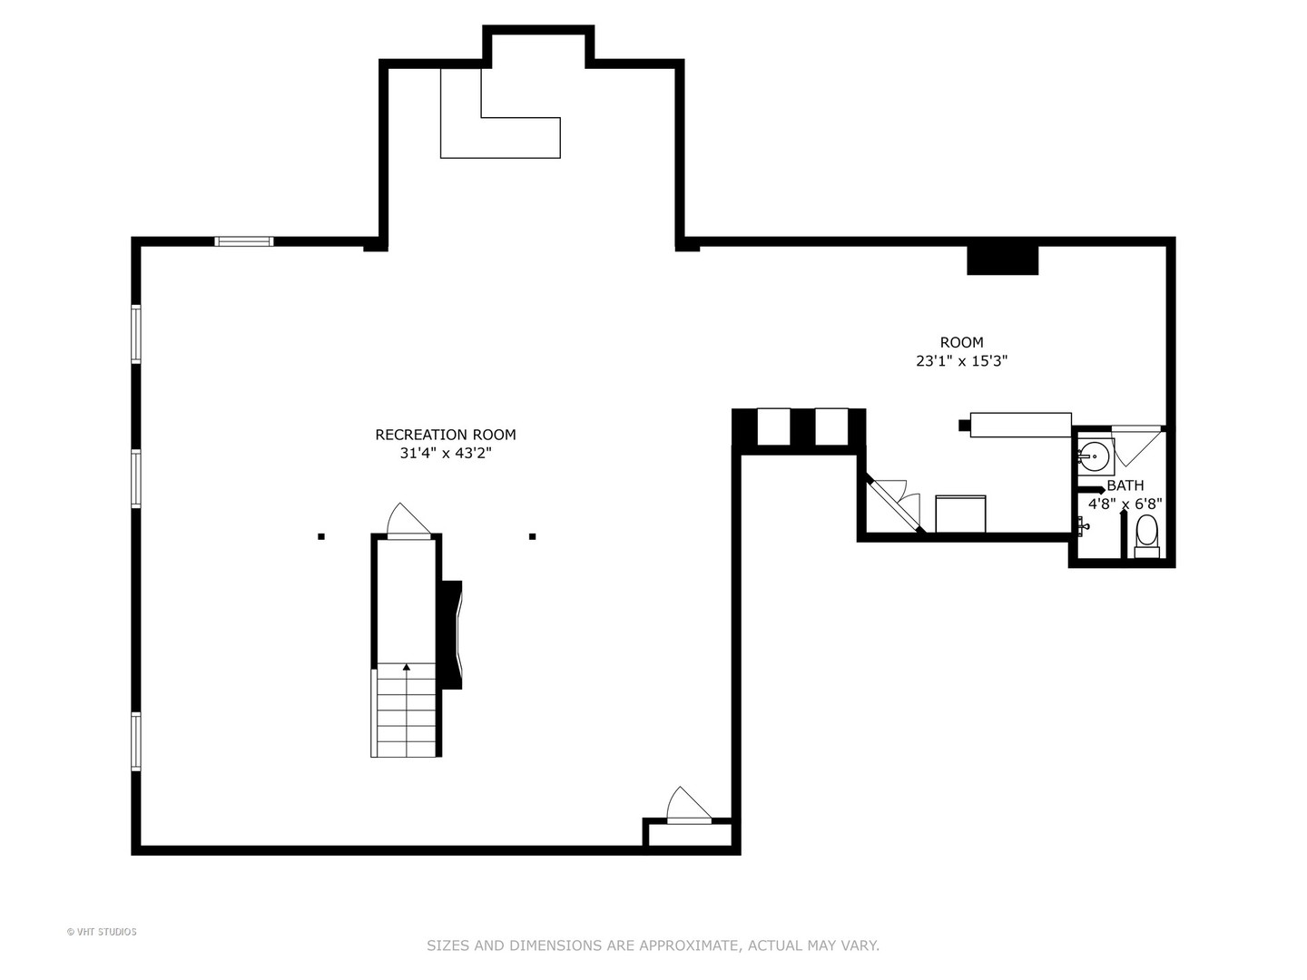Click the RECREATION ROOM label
pos(446,435)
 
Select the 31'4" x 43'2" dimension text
pos(446,454)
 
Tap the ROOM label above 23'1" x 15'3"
pos(961,342)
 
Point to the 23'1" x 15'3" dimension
pos(961,361)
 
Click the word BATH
pos(1125,485)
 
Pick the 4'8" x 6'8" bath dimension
pos(1125,504)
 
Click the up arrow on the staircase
pos(407,668)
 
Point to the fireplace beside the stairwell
pos(451,634)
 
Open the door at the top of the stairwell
pos(408,522)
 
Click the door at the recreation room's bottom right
pos(688,807)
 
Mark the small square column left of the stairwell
pos(321,536)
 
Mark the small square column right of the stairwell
pos(533,536)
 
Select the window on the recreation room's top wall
pos(243,241)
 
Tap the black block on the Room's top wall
pos(1002,260)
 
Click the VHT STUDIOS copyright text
pos(102,932)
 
